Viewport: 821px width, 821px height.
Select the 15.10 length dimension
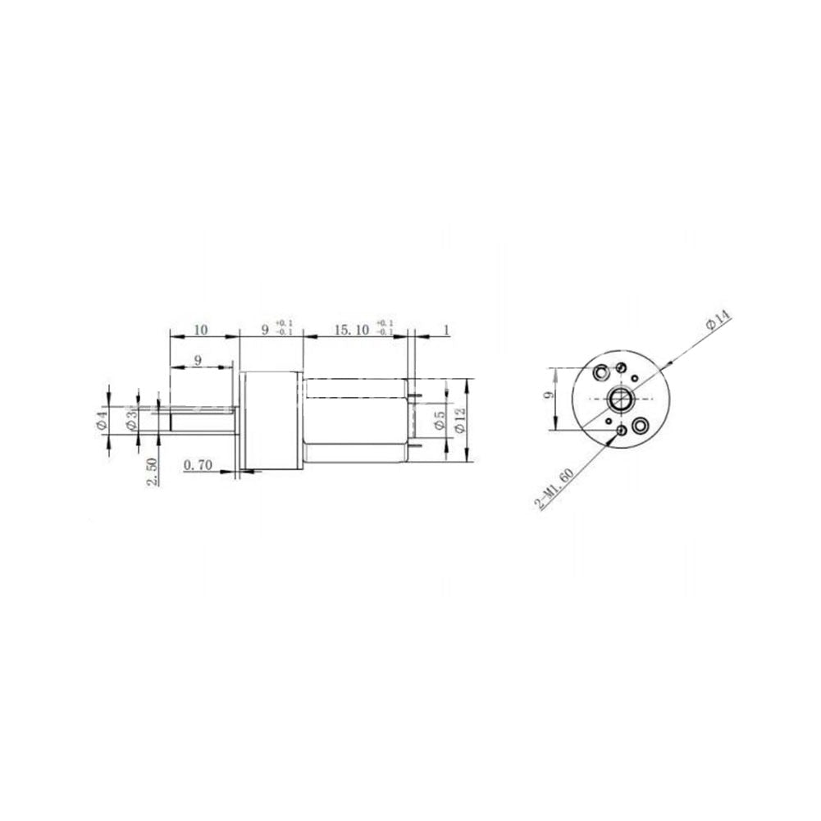coord(350,330)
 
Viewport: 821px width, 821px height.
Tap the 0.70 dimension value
coord(199,465)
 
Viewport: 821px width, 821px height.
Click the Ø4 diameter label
coord(103,421)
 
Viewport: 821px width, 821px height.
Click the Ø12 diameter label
coord(461,420)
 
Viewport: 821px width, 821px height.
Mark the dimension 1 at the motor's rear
coord(446,330)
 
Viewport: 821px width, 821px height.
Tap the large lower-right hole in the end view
coord(640,425)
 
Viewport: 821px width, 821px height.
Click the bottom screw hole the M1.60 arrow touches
coord(620,431)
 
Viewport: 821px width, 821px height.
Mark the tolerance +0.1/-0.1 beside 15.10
coord(385,328)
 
